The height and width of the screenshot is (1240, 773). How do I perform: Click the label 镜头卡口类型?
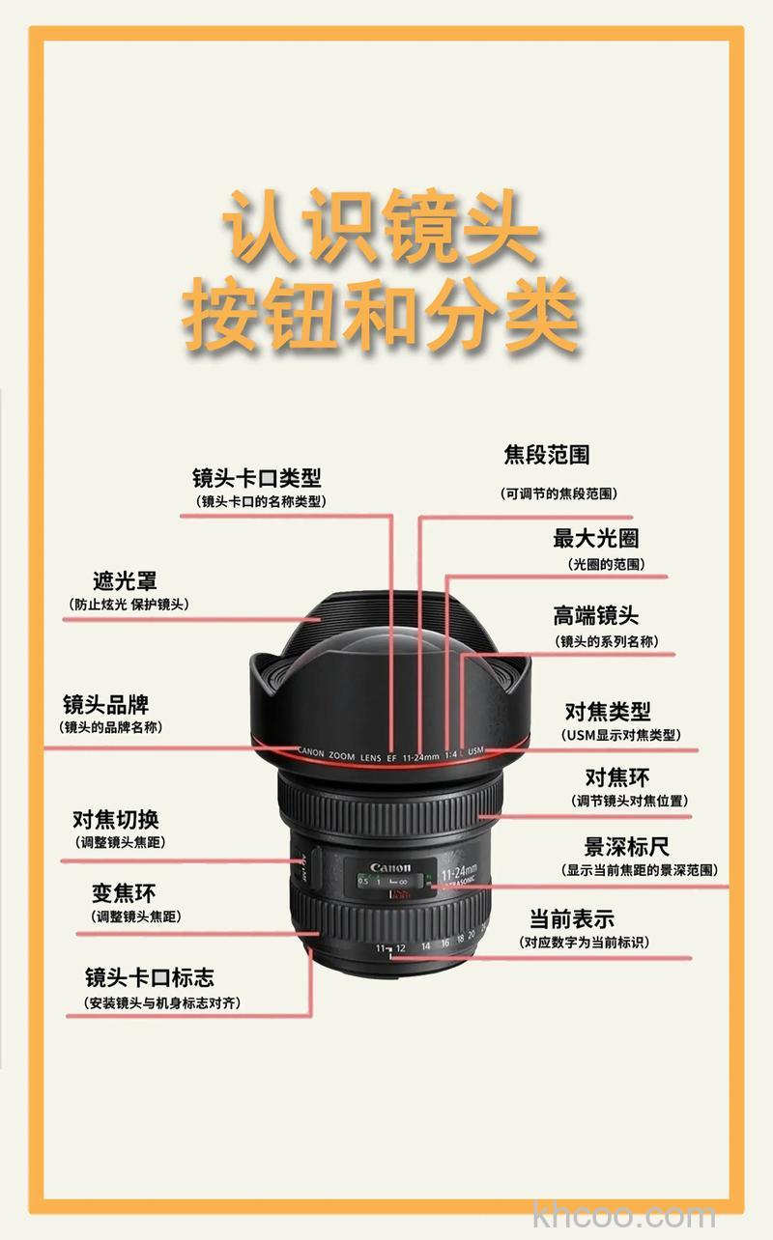click(256, 477)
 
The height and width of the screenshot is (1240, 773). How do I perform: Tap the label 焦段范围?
click(546, 454)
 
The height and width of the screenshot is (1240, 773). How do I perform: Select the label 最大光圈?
click(595, 538)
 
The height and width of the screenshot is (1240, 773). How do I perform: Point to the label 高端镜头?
click(595, 615)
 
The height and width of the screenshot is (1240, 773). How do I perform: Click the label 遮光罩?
click(125, 580)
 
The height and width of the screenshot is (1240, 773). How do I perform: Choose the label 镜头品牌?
click(106, 704)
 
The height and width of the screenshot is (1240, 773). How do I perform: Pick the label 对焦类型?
click(608, 712)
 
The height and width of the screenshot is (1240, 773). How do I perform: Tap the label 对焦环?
click(616, 777)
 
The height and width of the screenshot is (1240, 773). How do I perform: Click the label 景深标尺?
click(626, 847)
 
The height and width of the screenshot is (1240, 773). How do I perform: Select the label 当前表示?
click(571, 918)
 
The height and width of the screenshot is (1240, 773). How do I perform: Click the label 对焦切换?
click(116, 820)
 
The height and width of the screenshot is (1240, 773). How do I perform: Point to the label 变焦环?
click(124, 893)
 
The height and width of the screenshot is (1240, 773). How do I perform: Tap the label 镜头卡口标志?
click(150, 976)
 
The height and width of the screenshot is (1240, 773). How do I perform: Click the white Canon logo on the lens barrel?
click(390, 866)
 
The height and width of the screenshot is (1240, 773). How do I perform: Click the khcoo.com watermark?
click(624, 1215)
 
